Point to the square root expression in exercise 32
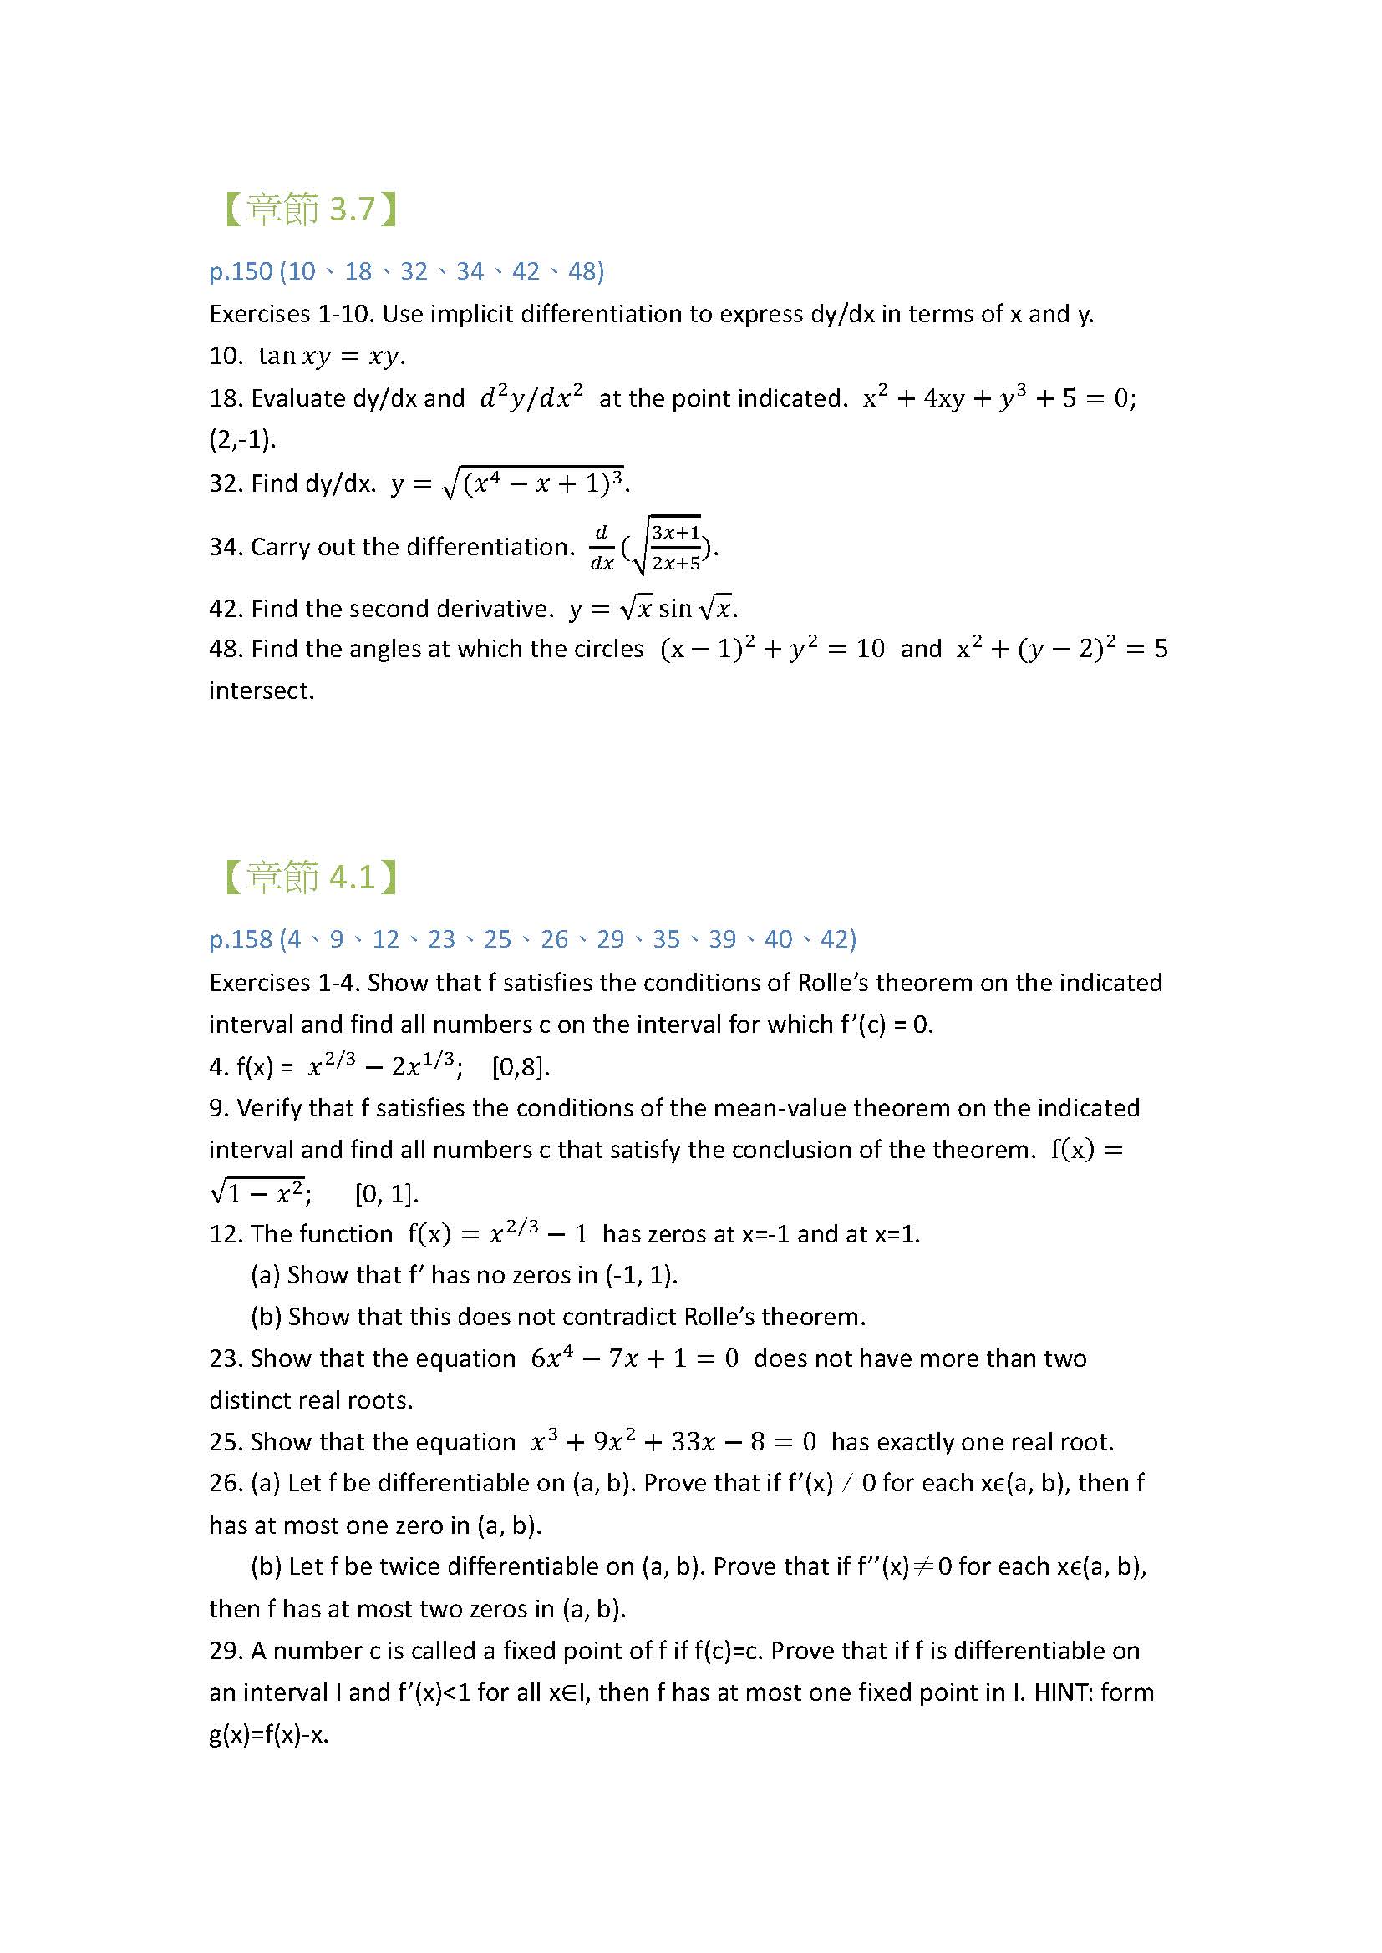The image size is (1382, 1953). tap(533, 483)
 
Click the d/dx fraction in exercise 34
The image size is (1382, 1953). tap(602, 547)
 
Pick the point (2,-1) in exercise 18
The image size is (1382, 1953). tap(242, 440)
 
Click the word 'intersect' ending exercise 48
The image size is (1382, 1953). tap(261, 691)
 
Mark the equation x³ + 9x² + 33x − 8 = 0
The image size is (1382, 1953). tap(673, 1442)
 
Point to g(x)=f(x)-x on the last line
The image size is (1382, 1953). tap(268, 1733)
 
